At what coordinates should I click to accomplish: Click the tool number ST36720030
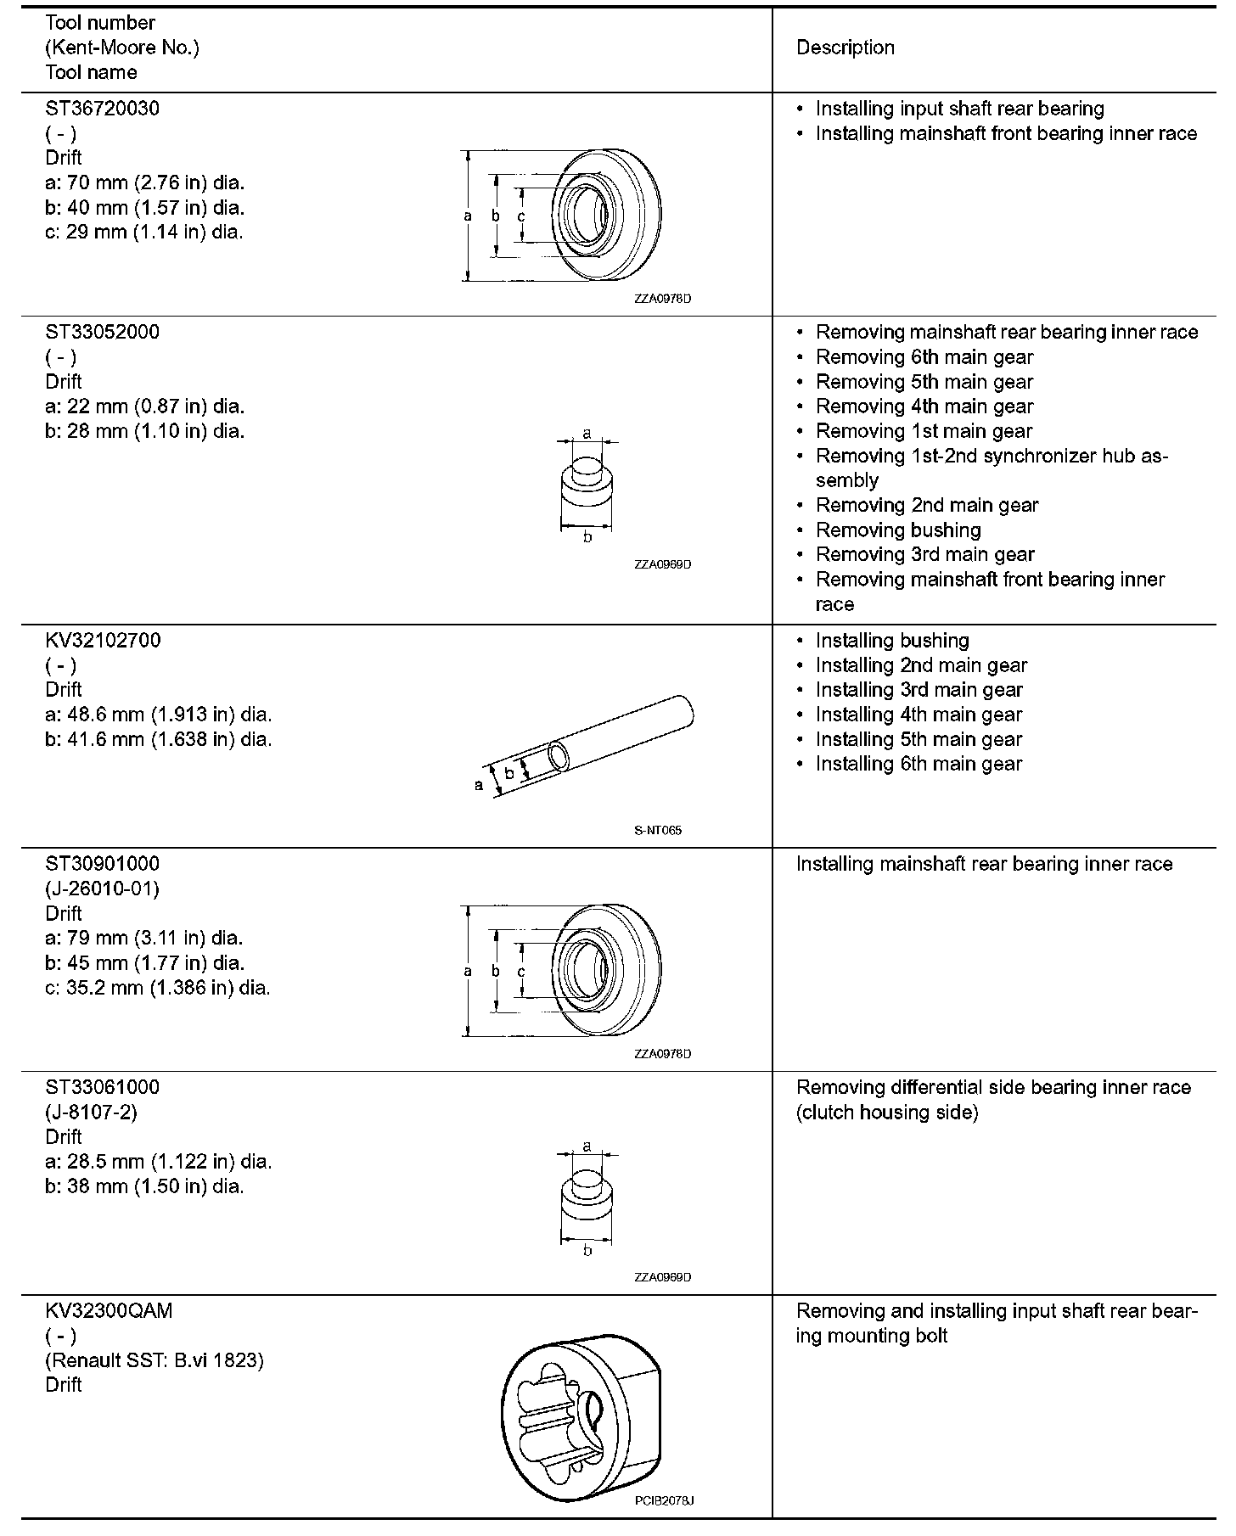click(x=102, y=109)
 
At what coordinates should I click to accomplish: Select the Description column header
click(x=845, y=48)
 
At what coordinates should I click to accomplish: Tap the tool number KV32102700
click(x=103, y=640)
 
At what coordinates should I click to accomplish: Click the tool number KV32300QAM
click(x=109, y=1311)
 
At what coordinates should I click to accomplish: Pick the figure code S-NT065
click(x=658, y=830)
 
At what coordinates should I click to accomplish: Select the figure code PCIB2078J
click(x=664, y=1500)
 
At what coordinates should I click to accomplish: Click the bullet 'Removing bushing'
click(x=898, y=530)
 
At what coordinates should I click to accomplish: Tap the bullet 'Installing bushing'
click(x=892, y=641)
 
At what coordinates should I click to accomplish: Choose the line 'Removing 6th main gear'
click(x=924, y=357)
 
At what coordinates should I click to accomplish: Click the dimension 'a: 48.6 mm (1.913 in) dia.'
click(x=159, y=715)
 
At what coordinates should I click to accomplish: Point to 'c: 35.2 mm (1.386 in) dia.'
click(x=158, y=988)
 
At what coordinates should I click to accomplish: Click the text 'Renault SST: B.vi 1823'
click(x=154, y=1360)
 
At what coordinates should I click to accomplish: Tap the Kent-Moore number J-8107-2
click(x=91, y=1112)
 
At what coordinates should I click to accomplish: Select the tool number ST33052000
click(x=102, y=332)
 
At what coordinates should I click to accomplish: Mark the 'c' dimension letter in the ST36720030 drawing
click(x=521, y=216)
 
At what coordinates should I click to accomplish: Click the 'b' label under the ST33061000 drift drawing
click(x=587, y=1251)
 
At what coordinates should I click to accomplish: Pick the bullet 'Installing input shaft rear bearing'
click(x=959, y=109)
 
